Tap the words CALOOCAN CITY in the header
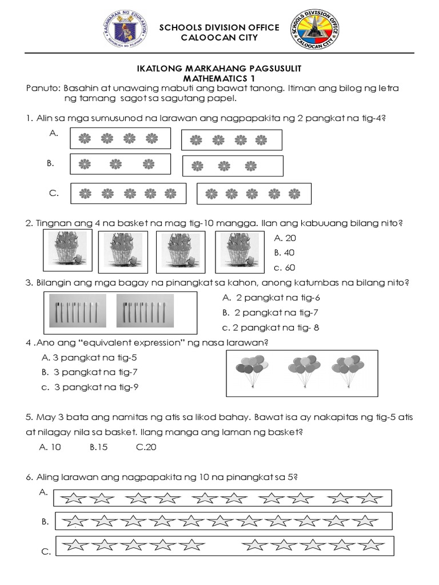pyautogui.click(x=219, y=38)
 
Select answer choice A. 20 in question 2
pyautogui.click(x=285, y=238)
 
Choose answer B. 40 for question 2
pyautogui.click(x=285, y=253)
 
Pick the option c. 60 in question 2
pyautogui.click(x=285, y=267)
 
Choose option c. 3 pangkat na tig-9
pyautogui.click(x=90, y=387)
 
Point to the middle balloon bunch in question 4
pyautogui.click(x=302, y=371)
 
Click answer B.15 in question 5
pyautogui.click(x=99, y=447)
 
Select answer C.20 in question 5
pyautogui.click(x=146, y=447)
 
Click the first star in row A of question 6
pyautogui.click(x=72, y=499)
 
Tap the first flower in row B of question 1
pyautogui.click(x=85, y=165)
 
